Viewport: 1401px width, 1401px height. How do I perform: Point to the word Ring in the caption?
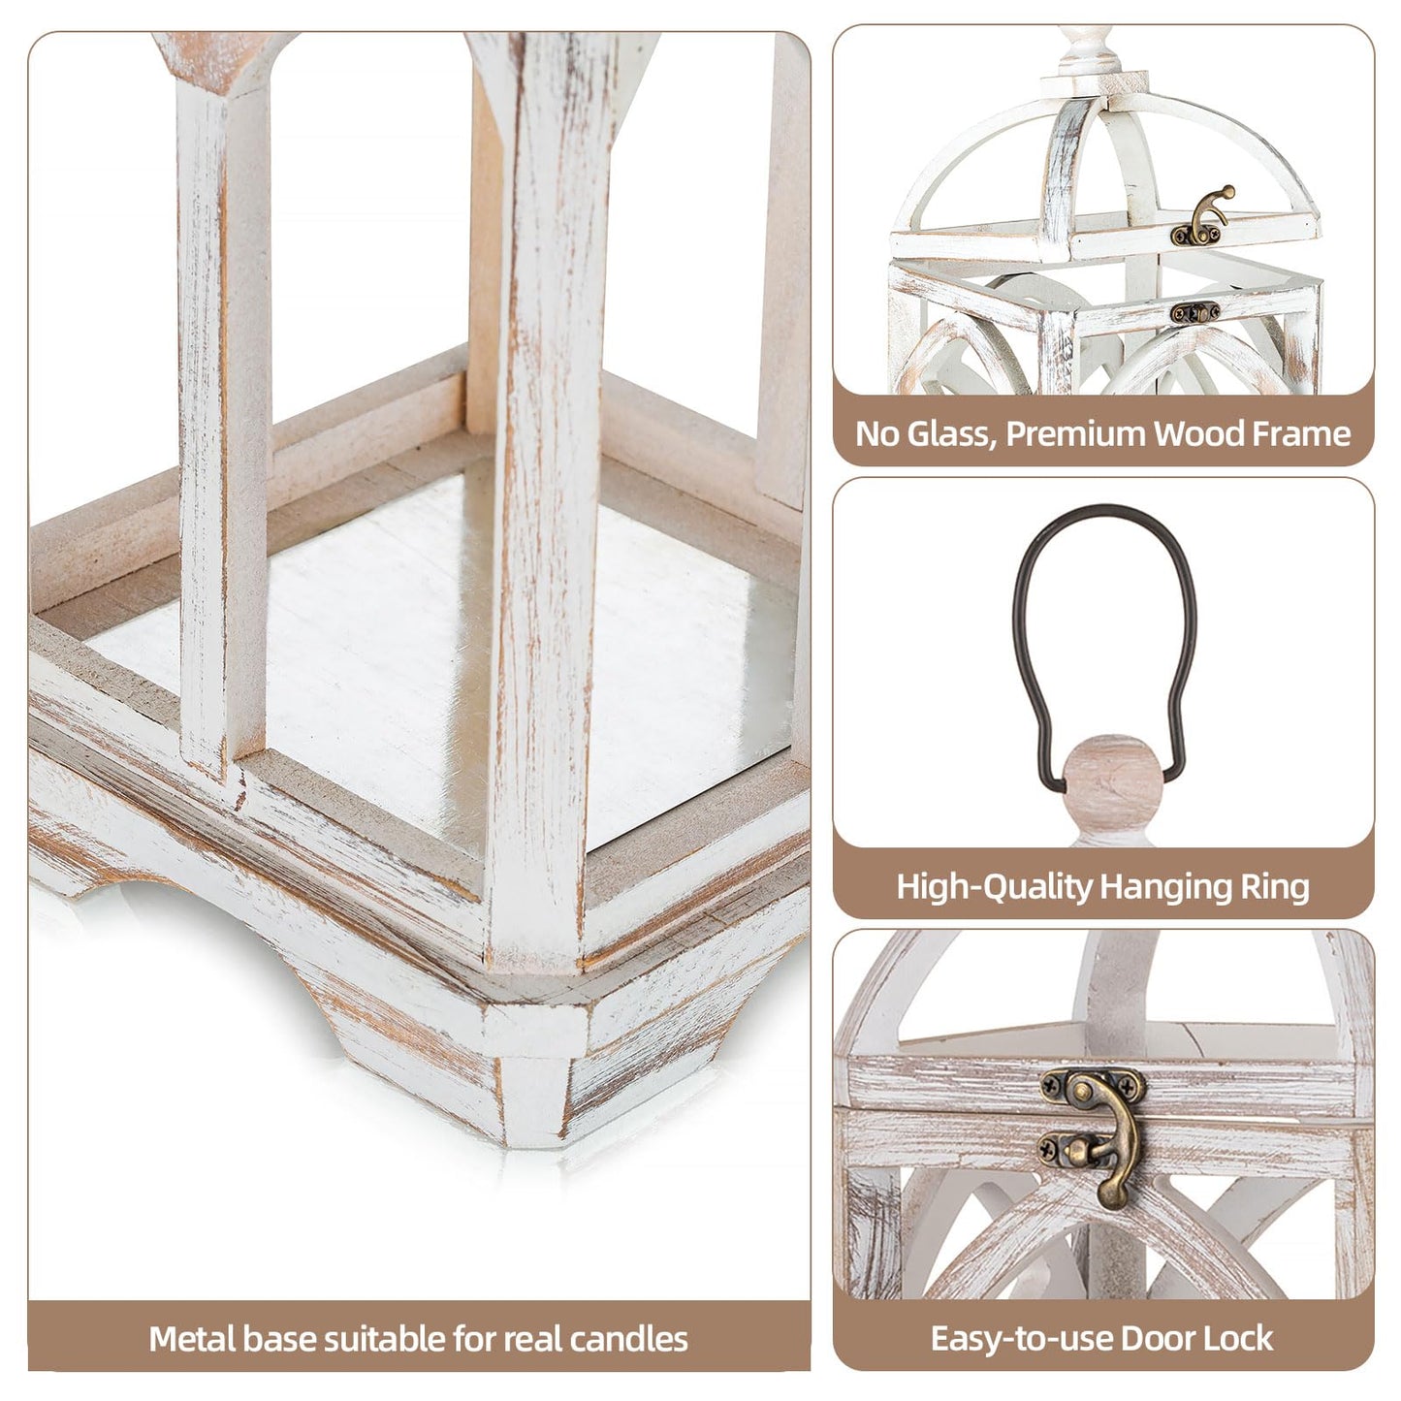click(x=1277, y=886)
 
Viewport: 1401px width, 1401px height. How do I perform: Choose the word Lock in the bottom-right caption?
click(x=1234, y=1338)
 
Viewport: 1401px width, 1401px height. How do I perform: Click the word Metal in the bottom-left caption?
click(x=191, y=1339)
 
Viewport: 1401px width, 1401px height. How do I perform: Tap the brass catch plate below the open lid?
click(x=1194, y=312)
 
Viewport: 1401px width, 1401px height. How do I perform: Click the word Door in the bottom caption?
click(x=1156, y=1338)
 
